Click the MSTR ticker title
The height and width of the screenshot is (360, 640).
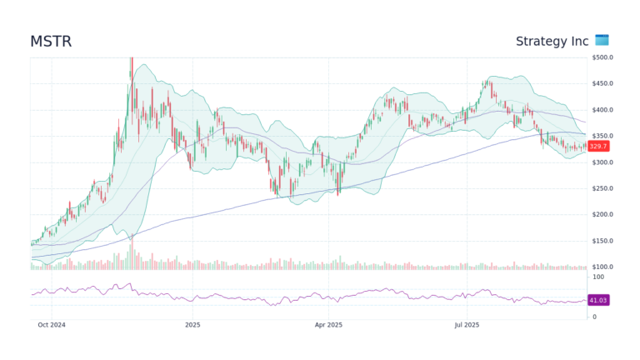point(52,41)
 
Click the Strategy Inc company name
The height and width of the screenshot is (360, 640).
point(552,41)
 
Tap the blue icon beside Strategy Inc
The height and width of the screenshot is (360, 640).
point(602,40)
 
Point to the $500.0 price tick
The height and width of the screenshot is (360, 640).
point(602,57)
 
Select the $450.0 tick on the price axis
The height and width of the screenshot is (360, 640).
point(602,83)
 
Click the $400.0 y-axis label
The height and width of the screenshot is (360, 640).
point(602,110)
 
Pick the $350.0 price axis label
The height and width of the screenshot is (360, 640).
point(602,136)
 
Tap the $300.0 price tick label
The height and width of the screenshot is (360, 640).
point(602,162)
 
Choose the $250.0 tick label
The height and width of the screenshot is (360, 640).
point(602,188)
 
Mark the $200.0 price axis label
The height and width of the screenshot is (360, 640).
point(602,214)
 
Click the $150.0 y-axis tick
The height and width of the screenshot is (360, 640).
point(602,241)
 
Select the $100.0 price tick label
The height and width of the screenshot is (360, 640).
point(602,267)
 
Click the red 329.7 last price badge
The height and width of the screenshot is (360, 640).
point(598,146)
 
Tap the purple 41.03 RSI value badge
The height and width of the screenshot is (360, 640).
point(598,300)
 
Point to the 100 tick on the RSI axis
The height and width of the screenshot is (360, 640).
point(597,277)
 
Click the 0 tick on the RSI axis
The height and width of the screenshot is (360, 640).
point(593,317)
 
